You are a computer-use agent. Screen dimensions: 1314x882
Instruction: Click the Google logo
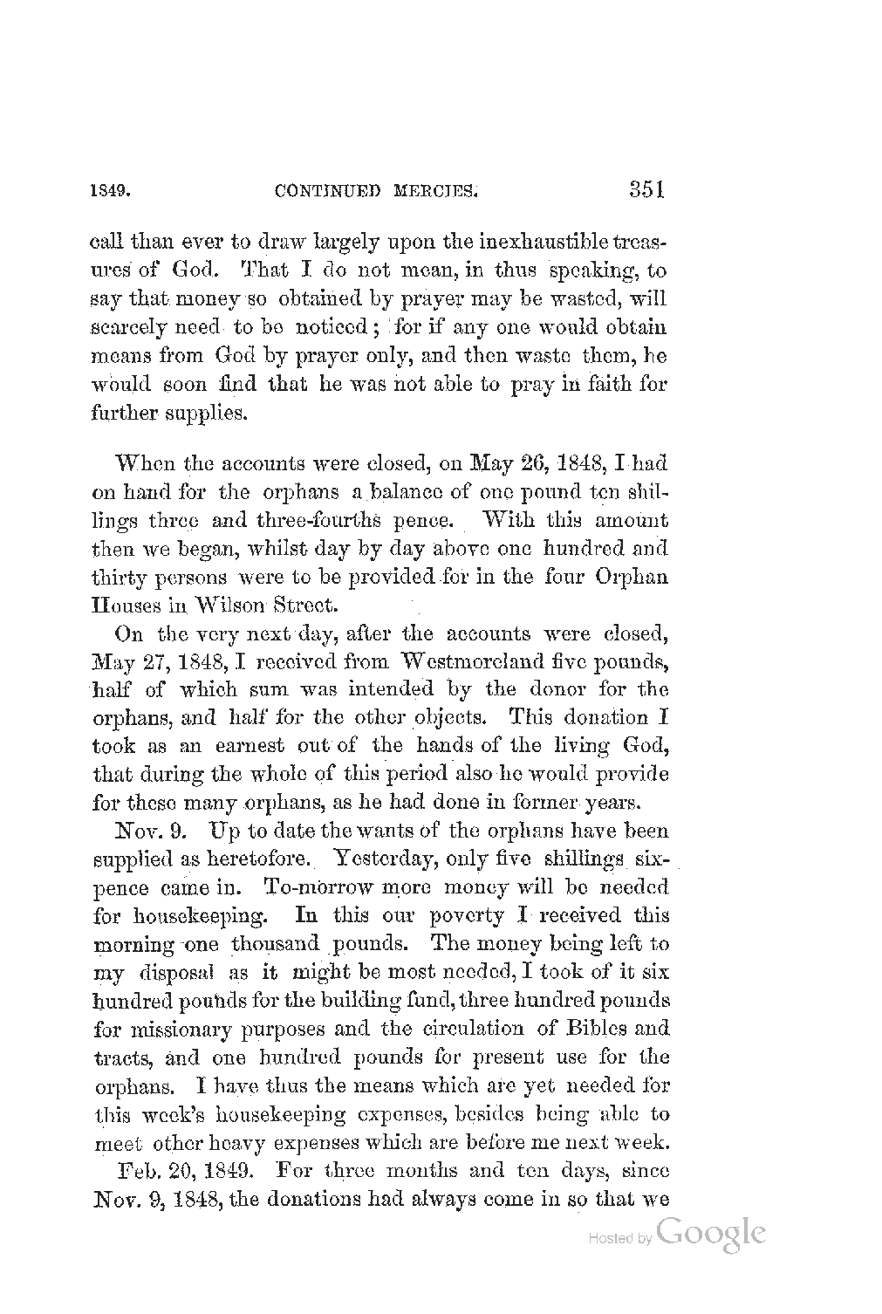click(713, 1235)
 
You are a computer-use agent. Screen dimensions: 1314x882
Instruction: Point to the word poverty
click(468, 915)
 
